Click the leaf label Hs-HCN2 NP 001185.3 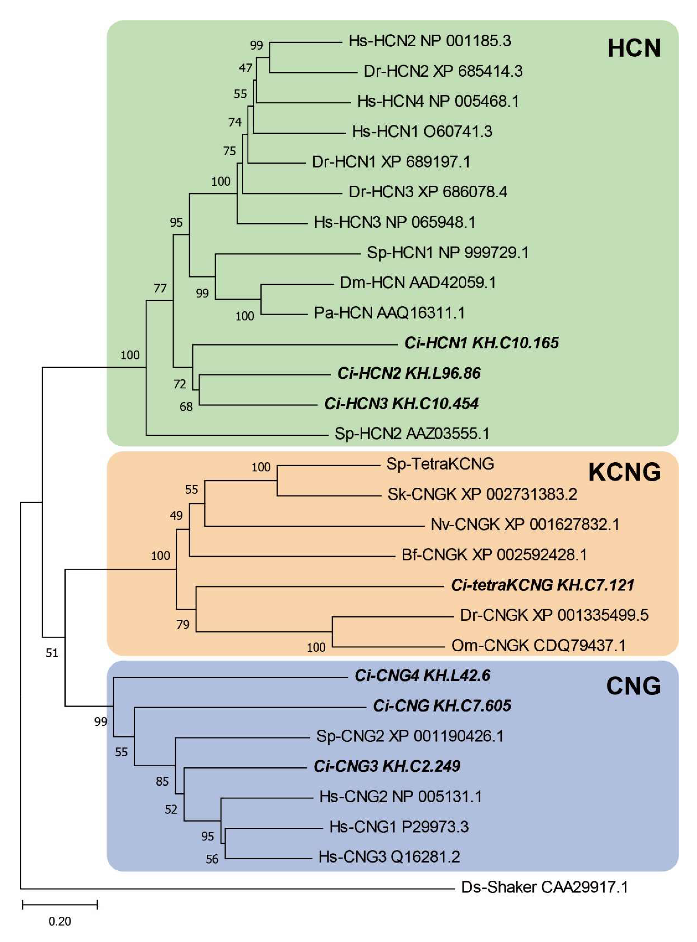pos(430,41)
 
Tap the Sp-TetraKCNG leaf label pos(440,464)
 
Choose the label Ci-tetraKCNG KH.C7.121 pos(542,585)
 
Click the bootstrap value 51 pos(52,653)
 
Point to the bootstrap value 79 pos(183,624)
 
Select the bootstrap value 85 pos(162,781)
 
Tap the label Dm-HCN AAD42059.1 pos(418,282)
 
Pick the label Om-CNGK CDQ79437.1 pos(538,645)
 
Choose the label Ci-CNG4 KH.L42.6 pos(422,676)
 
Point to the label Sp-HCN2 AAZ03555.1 pos(412,434)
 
